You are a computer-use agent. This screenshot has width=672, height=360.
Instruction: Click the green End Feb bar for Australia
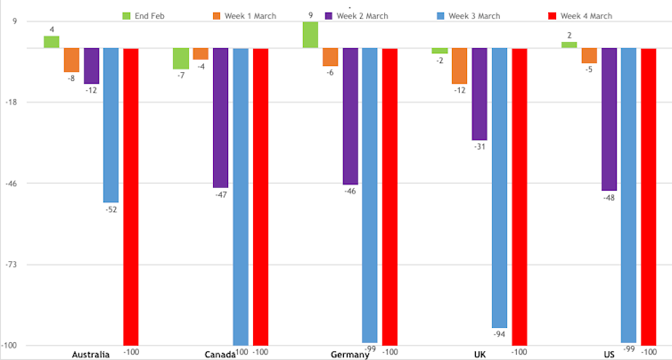pyautogui.click(x=51, y=42)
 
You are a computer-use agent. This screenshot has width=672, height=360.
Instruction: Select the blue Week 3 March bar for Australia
pyautogui.click(x=111, y=125)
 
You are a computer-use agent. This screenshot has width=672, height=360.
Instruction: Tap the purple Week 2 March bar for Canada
pyautogui.click(x=220, y=117)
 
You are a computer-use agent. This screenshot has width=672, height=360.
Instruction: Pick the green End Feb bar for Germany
pyautogui.click(x=309, y=35)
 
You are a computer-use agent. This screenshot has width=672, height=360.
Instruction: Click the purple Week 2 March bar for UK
pyautogui.click(x=479, y=94)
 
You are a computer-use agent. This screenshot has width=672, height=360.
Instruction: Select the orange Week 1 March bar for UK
pyautogui.click(x=459, y=65)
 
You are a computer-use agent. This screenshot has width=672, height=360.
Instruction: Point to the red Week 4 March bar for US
pyautogui.click(x=648, y=196)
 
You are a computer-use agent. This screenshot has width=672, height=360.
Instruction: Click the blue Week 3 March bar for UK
pyautogui.click(x=499, y=187)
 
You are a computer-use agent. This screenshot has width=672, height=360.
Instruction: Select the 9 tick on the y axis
pyautogui.click(x=14, y=21)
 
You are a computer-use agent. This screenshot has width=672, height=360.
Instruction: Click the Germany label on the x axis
pyautogui.click(x=349, y=355)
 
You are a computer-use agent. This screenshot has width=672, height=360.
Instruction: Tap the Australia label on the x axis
pyautogui.click(x=90, y=355)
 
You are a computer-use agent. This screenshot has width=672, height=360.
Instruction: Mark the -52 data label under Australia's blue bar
pyautogui.click(x=111, y=209)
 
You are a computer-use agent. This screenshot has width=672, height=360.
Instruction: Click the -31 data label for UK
pyautogui.click(x=479, y=147)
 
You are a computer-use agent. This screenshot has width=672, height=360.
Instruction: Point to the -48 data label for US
pyautogui.click(x=609, y=198)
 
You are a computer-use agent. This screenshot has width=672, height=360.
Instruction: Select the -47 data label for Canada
pyautogui.click(x=220, y=194)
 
